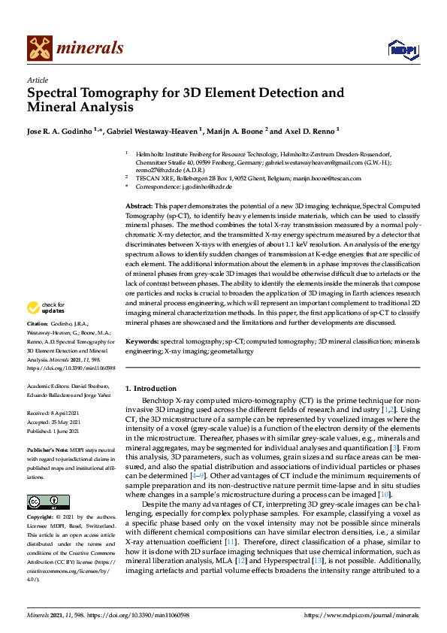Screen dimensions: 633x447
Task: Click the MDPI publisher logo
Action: pyautogui.click(x=402, y=50)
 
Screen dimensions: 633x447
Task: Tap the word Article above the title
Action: pyautogui.click(x=38, y=80)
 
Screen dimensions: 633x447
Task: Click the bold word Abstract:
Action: pyautogui.click(x=139, y=205)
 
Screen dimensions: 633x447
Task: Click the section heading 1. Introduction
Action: pyautogui.click(x=150, y=389)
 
